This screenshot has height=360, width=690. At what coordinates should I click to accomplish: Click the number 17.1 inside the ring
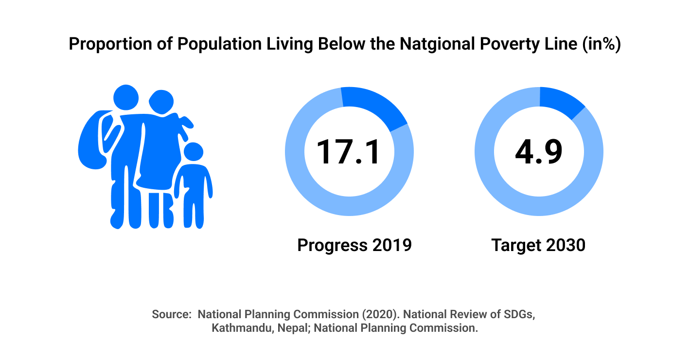pos(348,152)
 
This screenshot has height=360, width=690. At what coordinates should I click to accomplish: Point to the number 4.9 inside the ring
pos(539,152)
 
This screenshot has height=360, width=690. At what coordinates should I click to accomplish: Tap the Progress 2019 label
pos(354,245)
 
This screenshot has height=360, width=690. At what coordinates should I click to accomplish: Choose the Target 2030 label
pos(538,245)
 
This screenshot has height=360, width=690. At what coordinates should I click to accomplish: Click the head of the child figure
pos(194,152)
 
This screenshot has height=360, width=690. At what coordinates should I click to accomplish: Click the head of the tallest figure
pos(125,97)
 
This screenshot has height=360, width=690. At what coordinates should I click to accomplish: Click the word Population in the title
pos(219,44)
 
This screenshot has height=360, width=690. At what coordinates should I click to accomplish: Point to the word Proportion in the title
pos(110,44)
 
